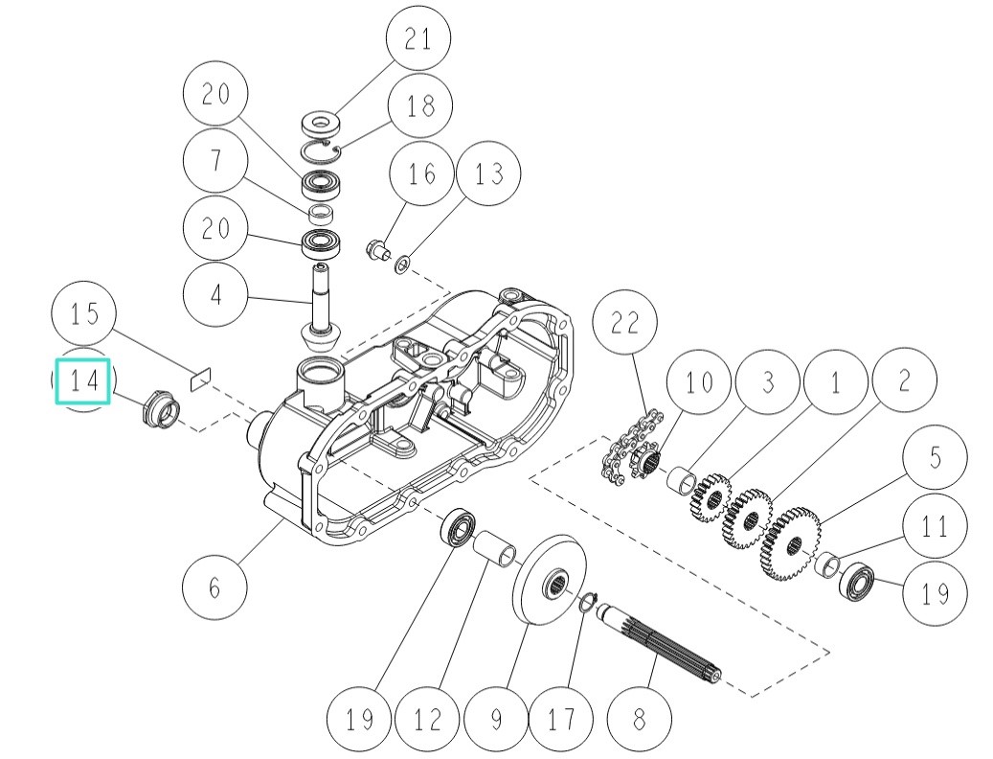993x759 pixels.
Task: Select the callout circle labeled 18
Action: pos(419,104)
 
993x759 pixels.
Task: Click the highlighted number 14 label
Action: pos(83,380)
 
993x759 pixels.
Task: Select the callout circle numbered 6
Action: pos(214,586)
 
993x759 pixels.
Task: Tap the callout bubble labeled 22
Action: pos(624,324)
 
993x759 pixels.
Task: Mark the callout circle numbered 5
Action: pos(935,458)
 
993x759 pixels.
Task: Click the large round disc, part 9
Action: pos(552,583)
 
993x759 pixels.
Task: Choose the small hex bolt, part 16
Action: pos(376,251)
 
